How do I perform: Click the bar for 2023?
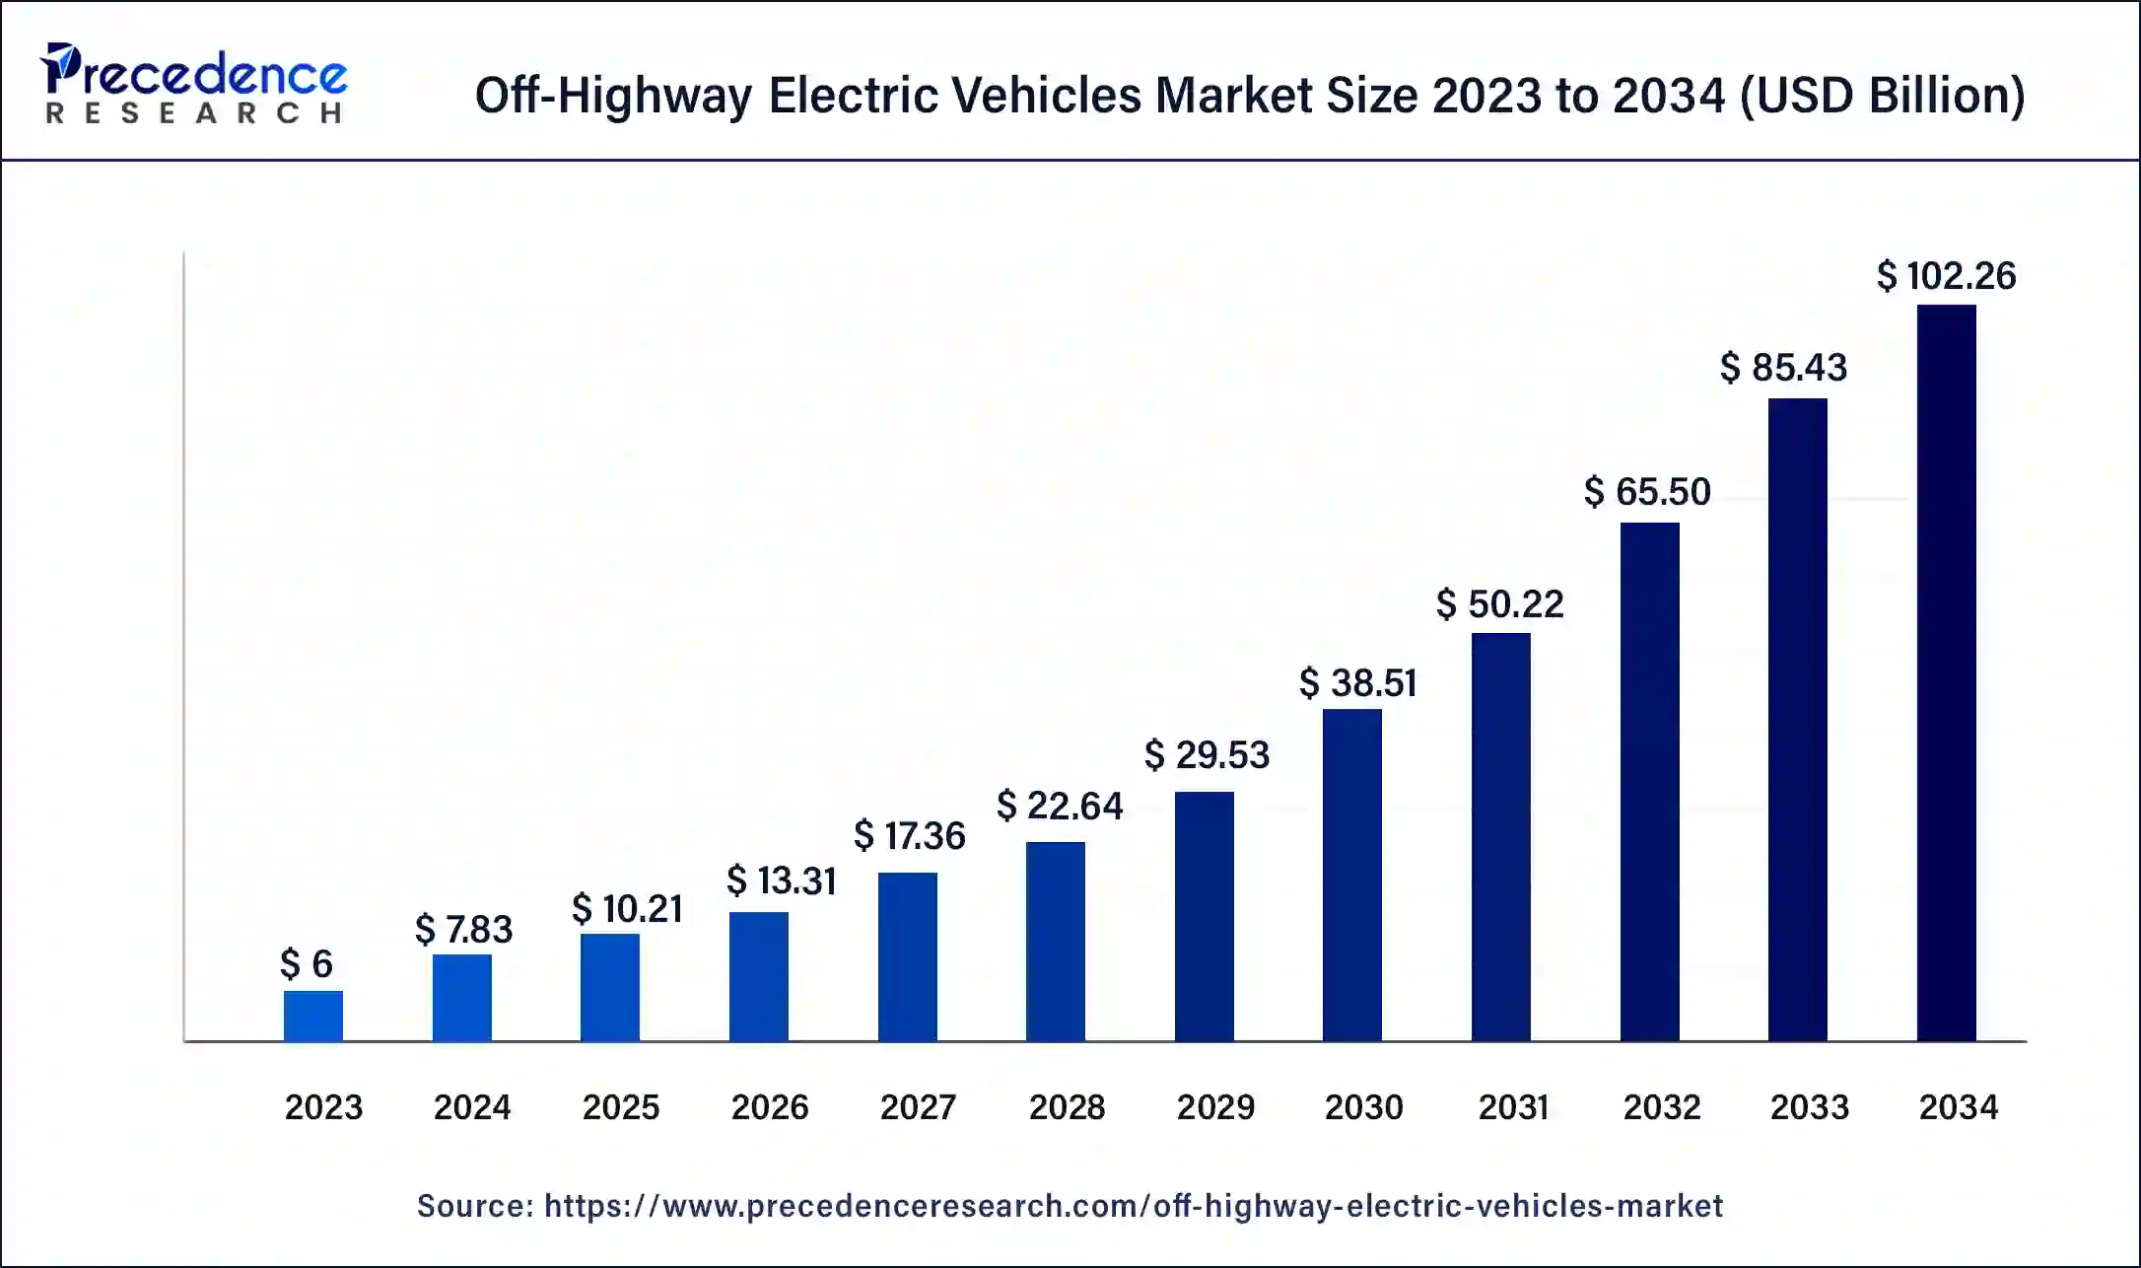point(313,1016)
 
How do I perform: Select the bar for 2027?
point(907,956)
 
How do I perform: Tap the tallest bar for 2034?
point(1946,672)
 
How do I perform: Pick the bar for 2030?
point(1351,875)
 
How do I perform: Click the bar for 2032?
point(1649,781)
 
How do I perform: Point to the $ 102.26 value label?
point(1946,276)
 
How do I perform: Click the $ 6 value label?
point(307,963)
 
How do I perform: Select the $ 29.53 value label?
point(1207,755)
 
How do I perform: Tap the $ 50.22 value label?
point(1499,604)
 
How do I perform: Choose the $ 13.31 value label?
point(781,881)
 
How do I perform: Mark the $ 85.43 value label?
point(1783,368)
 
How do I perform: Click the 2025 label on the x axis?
point(620,1107)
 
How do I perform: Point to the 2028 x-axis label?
point(1067,1107)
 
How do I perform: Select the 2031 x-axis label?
point(1513,1107)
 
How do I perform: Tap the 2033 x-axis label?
point(1809,1107)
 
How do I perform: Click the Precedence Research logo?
point(193,85)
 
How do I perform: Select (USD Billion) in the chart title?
point(1883,96)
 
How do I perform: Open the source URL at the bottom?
point(1133,1206)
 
